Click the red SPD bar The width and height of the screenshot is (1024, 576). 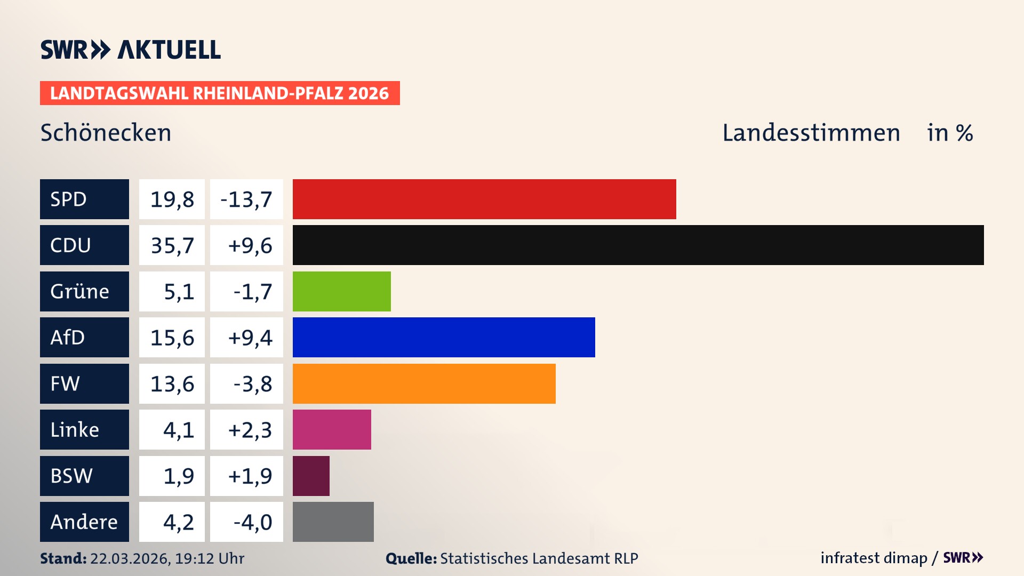(x=484, y=199)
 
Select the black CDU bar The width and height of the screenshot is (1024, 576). (x=638, y=245)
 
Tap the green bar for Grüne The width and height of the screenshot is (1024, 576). (x=341, y=291)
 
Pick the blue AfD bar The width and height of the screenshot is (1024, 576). (x=444, y=337)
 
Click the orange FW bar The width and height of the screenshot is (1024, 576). (x=424, y=383)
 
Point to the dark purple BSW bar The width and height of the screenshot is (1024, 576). (x=311, y=476)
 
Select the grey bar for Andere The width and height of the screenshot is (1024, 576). (x=333, y=522)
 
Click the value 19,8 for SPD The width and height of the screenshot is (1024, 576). (x=172, y=199)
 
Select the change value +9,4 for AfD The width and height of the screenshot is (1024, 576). (x=250, y=337)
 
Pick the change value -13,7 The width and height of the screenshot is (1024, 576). (x=246, y=199)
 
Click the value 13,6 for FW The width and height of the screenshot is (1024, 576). (x=172, y=383)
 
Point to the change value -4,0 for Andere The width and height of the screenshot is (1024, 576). (x=252, y=522)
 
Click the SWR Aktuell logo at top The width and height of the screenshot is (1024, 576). (x=130, y=50)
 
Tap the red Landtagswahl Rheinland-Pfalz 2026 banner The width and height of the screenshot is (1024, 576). (x=220, y=93)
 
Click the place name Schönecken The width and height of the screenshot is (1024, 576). (x=106, y=133)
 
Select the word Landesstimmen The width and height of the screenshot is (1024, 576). (x=811, y=133)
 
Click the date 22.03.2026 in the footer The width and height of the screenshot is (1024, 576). (x=130, y=558)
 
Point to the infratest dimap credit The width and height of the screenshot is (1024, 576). (x=874, y=558)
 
